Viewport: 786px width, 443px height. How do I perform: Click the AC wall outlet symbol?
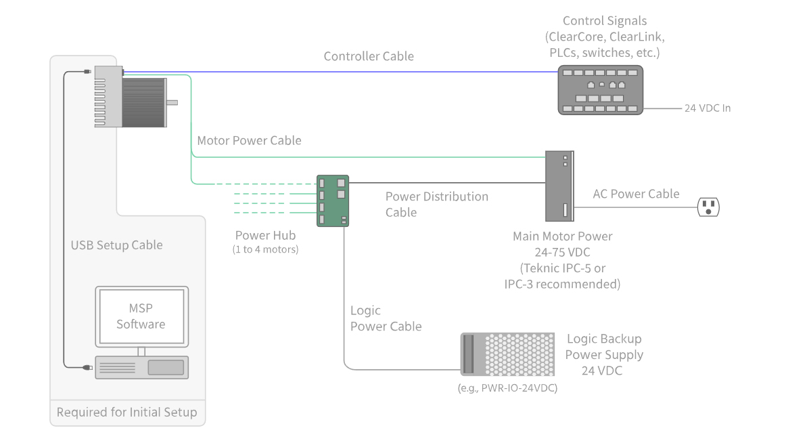tap(708, 207)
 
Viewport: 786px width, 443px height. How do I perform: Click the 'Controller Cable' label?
tap(369, 56)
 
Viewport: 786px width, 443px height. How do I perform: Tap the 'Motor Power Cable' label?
tap(249, 141)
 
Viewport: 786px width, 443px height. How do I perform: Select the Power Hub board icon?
tap(332, 201)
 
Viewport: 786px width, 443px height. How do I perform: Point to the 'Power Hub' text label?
tap(265, 236)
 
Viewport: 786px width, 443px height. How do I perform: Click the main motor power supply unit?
tap(559, 186)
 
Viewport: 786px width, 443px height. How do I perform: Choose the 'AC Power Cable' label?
tap(636, 194)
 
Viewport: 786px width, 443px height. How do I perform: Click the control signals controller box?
tap(600, 89)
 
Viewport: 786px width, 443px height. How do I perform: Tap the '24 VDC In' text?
tap(708, 108)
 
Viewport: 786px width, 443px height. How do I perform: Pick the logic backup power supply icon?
tap(507, 354)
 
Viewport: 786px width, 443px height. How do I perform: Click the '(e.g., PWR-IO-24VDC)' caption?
tap(507, 388)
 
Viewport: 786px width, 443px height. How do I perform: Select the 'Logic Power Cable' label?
tap(386, 318)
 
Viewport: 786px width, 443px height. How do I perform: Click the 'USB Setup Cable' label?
tap(116, 245)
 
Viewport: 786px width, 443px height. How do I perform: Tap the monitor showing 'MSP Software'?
tap(141, 316)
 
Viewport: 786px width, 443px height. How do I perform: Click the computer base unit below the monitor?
tap(141, 367)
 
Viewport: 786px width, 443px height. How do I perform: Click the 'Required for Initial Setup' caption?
tap(126, 413)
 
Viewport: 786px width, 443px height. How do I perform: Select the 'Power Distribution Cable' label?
tap(436, 204)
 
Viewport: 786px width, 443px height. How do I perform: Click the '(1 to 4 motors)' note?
tap(265, 249)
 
